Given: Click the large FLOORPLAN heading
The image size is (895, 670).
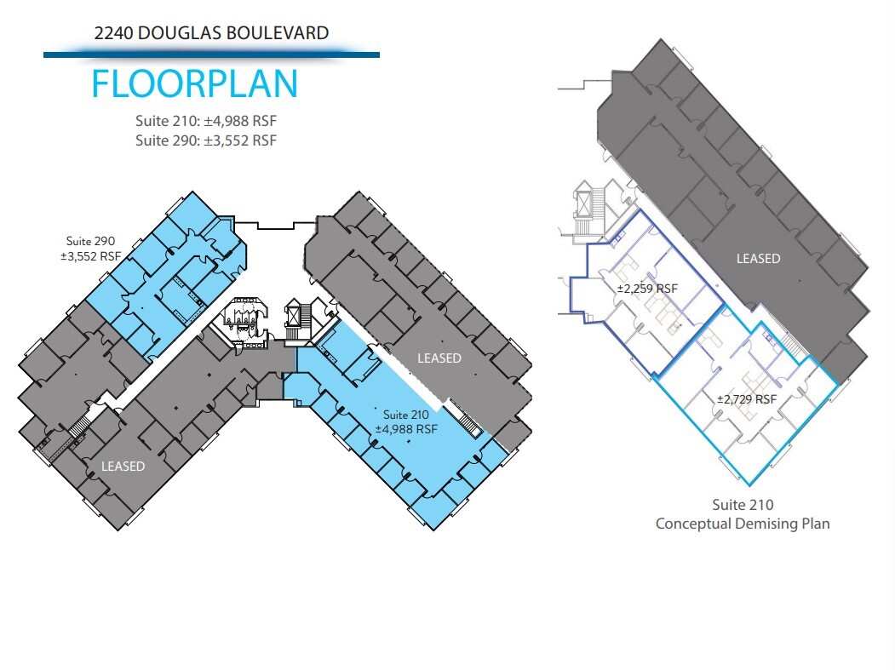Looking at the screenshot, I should (x=194, y=84).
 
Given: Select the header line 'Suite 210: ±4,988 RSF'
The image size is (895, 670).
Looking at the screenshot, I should (x=206, y=121).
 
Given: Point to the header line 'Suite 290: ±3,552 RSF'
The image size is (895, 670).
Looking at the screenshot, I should (x=206, y=140).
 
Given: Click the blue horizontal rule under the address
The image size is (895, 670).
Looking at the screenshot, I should (x=211, y=54).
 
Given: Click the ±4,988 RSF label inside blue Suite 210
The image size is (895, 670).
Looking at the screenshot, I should (x=406, y=429).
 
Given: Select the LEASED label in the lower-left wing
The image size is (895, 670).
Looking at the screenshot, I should (x=123, y=467).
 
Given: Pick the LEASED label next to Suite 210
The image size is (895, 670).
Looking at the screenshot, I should (x=439, y=358).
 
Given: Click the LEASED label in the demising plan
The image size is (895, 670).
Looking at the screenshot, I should (x=758, y=259).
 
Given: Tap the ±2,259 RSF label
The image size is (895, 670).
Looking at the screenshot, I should (x=647, y=289).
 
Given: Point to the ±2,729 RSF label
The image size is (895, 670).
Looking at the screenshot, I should (x=746, y=399).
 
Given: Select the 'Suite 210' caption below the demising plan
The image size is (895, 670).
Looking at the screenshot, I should (x=743, y=505).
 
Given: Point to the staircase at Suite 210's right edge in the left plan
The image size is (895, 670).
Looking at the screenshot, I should (x=468, y=420).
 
